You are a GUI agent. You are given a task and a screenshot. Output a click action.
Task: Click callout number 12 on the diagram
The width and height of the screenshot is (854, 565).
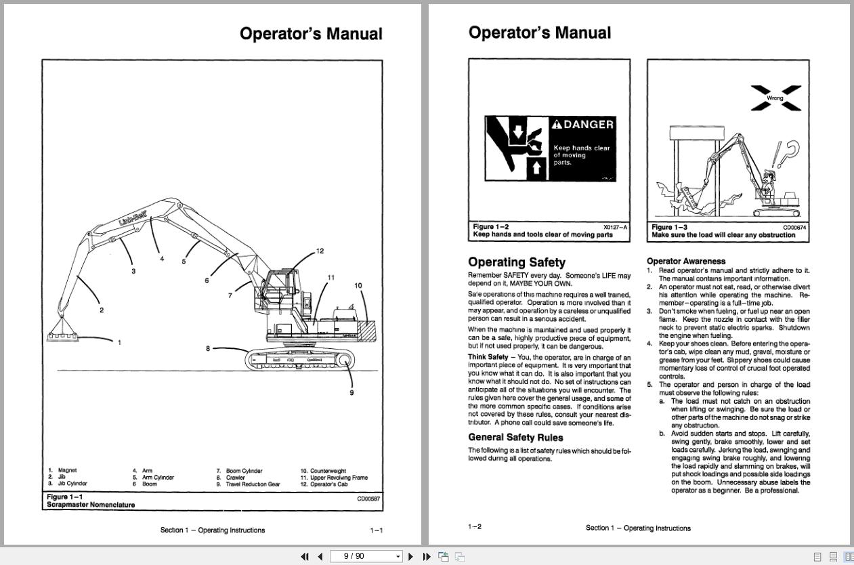[320, 251]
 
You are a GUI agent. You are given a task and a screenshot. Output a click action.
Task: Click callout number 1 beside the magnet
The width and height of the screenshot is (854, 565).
[120, 342]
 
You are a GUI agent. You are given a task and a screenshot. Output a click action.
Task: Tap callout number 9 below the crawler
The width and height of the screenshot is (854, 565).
[351, 393]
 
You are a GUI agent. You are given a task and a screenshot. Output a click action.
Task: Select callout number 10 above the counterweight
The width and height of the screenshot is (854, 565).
[358, 286]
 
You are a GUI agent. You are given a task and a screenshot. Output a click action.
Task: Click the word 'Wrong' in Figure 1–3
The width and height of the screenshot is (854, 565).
[775, 98]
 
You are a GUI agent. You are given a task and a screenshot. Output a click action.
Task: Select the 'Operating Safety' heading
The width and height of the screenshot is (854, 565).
[516, 262]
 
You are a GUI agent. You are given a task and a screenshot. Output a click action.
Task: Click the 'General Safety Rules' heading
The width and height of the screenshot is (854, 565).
[515, 438]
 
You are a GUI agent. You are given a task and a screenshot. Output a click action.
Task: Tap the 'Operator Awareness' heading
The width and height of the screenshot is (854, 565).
[685, 261]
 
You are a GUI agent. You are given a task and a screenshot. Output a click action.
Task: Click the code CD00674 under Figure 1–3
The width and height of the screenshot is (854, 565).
[794, 228]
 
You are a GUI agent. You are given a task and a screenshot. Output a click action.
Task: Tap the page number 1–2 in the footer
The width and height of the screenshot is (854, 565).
[475, 527]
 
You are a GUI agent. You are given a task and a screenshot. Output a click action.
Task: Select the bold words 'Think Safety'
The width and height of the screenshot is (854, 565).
[488, 357]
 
